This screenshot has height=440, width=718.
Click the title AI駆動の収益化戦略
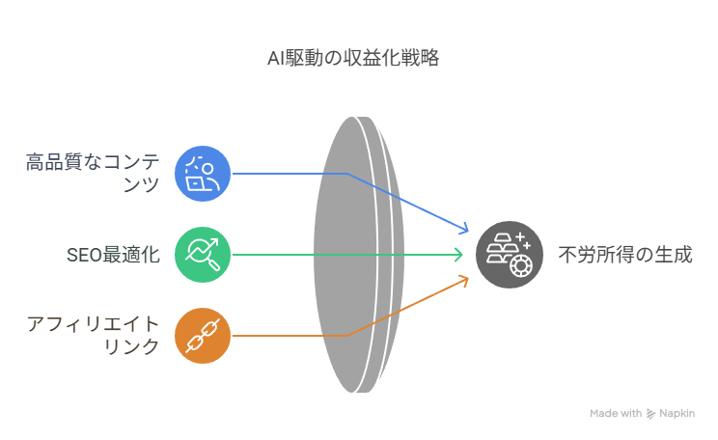click(353, 59)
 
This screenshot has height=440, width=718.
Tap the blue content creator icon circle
click(203, 174)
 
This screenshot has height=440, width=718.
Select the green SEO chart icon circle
click(203, 255)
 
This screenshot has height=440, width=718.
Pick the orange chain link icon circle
click(203, 336)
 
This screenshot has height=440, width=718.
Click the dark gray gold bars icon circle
click(510, 255)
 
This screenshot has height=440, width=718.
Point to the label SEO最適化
click(113, 255)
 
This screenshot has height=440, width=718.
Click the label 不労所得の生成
click(625, 255)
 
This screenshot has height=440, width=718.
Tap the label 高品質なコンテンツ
click(93, 173)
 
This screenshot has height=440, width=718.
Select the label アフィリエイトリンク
click(93, 335)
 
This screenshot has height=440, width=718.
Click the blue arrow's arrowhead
click(464, 229)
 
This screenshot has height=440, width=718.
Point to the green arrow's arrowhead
click(458, 255)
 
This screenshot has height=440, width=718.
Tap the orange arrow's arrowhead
click(464, 280)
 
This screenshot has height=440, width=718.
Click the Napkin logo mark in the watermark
click(650, 414)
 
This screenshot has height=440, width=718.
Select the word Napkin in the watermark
click(677, 413)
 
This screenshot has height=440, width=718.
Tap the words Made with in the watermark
click(616, 413)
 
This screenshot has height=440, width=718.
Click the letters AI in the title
click(276, 59)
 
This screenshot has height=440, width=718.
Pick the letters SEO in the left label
click(84, 256)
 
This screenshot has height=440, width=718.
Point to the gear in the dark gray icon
click(521, 266)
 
